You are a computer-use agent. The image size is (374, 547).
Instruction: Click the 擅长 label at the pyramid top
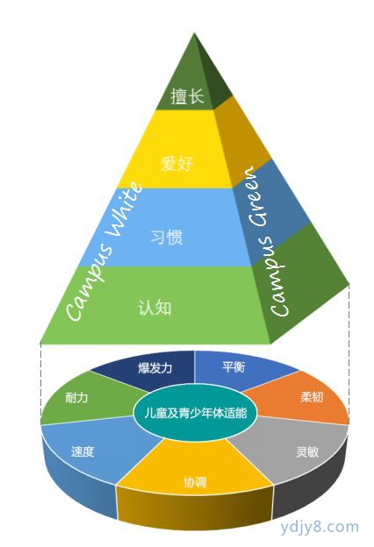click(x=187, y=96)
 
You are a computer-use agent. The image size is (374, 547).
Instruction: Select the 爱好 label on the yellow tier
click(x=176, y=163)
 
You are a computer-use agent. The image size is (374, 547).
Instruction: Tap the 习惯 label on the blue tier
click(x=167, y=238)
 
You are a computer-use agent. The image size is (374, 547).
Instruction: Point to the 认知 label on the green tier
click(x=155, y=308)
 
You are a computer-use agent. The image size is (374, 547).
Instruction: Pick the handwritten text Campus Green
click(x=270, y=242)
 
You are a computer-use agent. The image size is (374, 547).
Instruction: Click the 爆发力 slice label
click(x=155, y=367)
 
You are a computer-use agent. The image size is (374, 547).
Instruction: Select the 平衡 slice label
click(x=234, y=366)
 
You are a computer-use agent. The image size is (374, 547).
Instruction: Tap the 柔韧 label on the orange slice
click(x=312, y=396)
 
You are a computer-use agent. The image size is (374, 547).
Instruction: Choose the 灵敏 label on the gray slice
click(x=307, y=451)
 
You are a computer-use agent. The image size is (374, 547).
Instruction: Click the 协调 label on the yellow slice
click(x=195, y=482)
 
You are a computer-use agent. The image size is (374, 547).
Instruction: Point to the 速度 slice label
click(x=83, y=451)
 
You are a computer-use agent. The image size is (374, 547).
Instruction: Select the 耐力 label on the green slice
click(x=76, y=397)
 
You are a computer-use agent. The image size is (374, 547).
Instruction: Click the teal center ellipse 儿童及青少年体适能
click(x=196, y=414)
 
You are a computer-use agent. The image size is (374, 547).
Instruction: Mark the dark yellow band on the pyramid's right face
click(x=241, y=139)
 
